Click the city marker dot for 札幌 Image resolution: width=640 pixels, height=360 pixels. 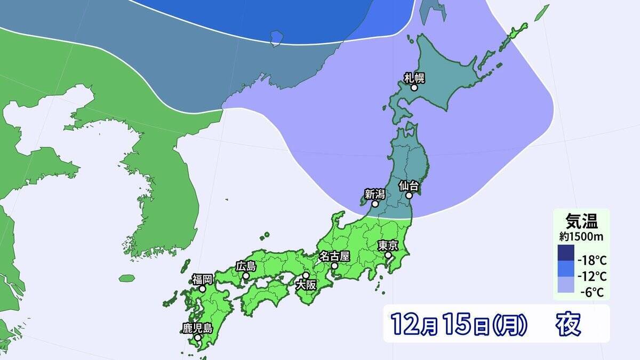point(414,87)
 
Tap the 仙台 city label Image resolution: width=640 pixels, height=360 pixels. point(410,186)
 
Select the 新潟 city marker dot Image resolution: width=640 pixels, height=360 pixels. point(375,204)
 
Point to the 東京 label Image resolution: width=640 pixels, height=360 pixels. point(388,246)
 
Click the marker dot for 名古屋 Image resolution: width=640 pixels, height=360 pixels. point(334,265)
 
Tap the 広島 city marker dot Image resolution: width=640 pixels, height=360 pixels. point(246,276)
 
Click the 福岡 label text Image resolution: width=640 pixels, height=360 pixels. point(203,278)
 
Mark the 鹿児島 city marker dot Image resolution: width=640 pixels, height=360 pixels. point(197,338)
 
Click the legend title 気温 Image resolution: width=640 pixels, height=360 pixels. point(581,220)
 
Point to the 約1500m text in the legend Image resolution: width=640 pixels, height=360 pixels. point(581,235)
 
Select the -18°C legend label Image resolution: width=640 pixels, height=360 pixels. point(591,261)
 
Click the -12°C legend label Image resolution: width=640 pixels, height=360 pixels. point(591,276)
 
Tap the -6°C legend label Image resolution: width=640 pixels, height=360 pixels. point(593,292)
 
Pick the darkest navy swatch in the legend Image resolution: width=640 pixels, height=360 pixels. point(566,253)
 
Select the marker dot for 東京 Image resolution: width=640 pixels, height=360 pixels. point(388,255)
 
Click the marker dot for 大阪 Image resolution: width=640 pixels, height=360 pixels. point(306,276)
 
